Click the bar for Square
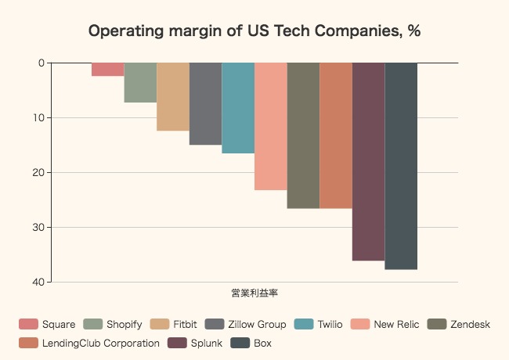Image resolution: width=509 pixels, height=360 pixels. tap(108, 69)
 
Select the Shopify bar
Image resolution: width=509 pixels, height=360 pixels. tap(140, 82)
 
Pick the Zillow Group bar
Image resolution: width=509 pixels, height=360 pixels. tap(205, 103)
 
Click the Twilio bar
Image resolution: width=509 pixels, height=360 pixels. tap(238, 108)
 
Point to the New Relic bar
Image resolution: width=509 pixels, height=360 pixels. tap(271, 126)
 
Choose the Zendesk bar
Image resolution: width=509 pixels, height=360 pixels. tap(303, 135)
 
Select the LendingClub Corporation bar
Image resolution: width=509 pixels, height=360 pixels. tap(336, 135)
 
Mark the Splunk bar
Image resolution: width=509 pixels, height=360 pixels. tap(368, 161)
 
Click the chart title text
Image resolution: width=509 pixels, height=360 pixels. tap(255, 31)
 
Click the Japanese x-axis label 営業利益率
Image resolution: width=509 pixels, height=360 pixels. tap(255, 293)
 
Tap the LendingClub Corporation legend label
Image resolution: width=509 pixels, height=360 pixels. tap(101, 343)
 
